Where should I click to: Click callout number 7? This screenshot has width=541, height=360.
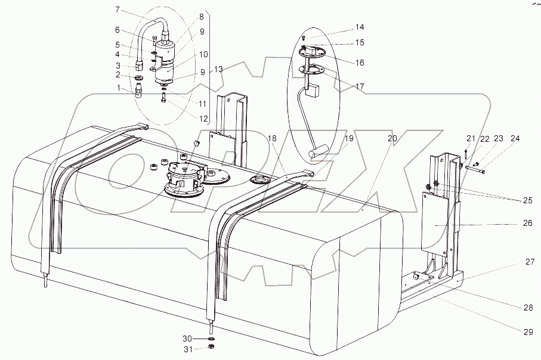118,10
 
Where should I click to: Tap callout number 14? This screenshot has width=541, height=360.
360,27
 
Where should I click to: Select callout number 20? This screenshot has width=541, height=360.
392,138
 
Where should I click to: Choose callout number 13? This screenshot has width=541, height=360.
219,70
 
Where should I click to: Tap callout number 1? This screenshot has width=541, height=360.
118,88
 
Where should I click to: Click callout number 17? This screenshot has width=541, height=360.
360,86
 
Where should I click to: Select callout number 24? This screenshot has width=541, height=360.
515,139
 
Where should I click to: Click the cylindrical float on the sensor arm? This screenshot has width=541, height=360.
319,153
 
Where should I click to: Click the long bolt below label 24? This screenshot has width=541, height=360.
475,170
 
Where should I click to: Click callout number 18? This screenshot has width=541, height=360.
273,138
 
